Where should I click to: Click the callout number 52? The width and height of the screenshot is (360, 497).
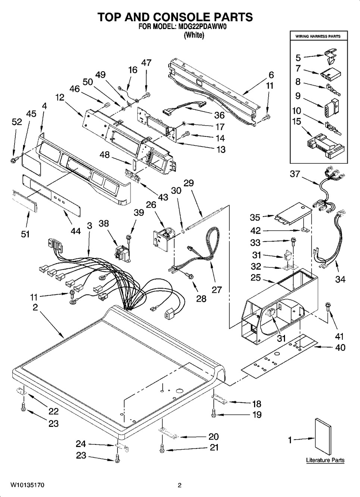point(17,122)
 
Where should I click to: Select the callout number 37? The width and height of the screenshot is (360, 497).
point(295,174)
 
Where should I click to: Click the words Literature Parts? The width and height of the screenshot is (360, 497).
point(325,460)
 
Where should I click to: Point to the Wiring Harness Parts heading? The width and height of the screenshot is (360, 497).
point(318,37)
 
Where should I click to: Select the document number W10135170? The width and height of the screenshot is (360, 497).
point(27,485)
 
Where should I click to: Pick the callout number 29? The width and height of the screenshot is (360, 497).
point(189,183)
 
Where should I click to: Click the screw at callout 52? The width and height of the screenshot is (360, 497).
point(13,160)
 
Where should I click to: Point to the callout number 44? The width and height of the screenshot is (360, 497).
point(75,232)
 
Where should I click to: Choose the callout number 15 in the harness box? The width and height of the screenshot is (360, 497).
point(297,122)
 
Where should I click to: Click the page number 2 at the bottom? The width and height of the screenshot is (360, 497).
point(179,485)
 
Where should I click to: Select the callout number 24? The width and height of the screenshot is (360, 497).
point(81,444)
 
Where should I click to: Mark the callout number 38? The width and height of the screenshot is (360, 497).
point(104,223)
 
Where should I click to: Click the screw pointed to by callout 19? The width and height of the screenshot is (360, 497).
point(214,413)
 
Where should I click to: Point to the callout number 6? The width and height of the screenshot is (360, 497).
point(271,74)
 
